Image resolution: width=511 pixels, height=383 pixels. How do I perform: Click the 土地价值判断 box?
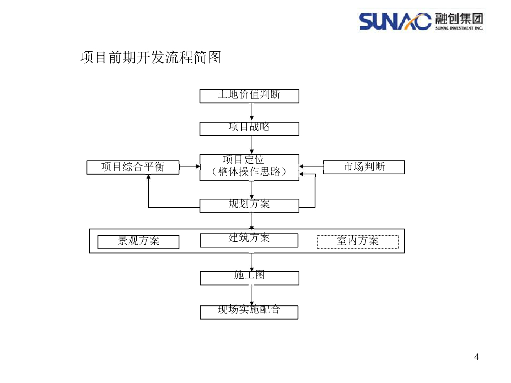249,96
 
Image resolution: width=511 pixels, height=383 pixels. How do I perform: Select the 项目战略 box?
249,128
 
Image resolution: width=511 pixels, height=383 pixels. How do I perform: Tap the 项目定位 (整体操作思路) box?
249,167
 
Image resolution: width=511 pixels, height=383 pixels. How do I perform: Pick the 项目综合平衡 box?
133,167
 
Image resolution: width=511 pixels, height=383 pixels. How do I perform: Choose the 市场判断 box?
364,167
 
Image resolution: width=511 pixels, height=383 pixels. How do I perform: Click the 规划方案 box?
249,205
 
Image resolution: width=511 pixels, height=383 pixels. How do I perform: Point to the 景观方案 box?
138,242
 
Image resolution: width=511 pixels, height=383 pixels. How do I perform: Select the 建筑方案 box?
249,240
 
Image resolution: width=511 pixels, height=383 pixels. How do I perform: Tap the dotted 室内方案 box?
358,242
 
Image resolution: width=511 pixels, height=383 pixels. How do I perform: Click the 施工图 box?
249,278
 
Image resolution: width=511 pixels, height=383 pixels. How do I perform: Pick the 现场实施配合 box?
249,312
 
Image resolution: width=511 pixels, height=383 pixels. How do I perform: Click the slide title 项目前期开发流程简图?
150,58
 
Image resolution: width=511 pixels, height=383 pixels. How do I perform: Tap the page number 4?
476,357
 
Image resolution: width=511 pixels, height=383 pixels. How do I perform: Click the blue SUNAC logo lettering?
394,21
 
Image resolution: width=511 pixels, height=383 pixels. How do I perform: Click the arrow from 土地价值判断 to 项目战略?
252,113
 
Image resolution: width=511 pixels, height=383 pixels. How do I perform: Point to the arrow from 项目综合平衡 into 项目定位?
189,167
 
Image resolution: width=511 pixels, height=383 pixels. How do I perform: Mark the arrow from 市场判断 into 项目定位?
311,167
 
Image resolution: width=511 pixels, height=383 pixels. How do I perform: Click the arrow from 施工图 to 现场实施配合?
252,295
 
